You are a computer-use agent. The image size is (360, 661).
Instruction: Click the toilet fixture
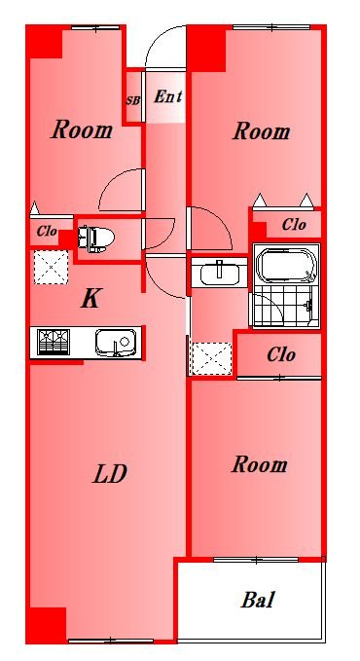click(x=96, y=239)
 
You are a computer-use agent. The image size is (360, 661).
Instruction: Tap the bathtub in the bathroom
click(x=286, y=267)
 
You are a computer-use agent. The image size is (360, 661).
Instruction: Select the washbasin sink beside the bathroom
click(x=219, y=274)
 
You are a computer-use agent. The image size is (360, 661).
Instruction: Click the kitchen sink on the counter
click(x=116, y=342)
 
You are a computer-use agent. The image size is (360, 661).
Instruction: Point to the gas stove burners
click(x=54, y=342)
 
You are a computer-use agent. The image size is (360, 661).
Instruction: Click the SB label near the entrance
click(x=133, y=101)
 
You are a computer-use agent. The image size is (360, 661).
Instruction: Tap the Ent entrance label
click(x=167, y=96)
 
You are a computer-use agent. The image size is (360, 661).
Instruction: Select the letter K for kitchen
click(x=90, y=299)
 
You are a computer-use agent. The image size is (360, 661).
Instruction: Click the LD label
click(x=110, y=474)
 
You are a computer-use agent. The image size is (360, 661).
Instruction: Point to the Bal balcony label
click(x=258, y=600)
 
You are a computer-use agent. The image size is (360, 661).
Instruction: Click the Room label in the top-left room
click(x=82, y=129)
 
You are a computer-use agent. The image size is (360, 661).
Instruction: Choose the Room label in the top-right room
click(x=262, y=131)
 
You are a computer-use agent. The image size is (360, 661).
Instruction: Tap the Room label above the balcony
click(x=259, y=464)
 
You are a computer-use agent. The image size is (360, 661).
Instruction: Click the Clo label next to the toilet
click(x=47, y=231)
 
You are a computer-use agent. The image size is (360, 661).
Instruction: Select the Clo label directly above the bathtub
click(x=294, y=225)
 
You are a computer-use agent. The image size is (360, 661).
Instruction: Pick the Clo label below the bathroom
click(x=281, y=355)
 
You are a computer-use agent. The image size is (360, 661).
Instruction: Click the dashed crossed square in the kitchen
click(x=51, y=267)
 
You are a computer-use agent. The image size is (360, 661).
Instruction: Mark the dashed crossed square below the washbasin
click(x=211, y=358)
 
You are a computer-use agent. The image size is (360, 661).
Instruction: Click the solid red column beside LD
click(x=47, y=625)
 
